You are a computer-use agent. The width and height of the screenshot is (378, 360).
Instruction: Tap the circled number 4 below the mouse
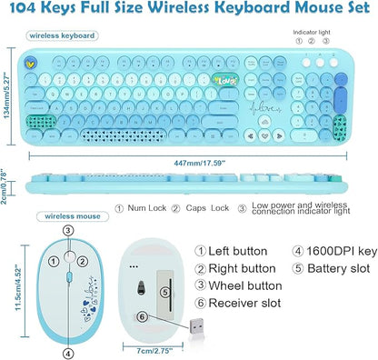click(x=67, y=353)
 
